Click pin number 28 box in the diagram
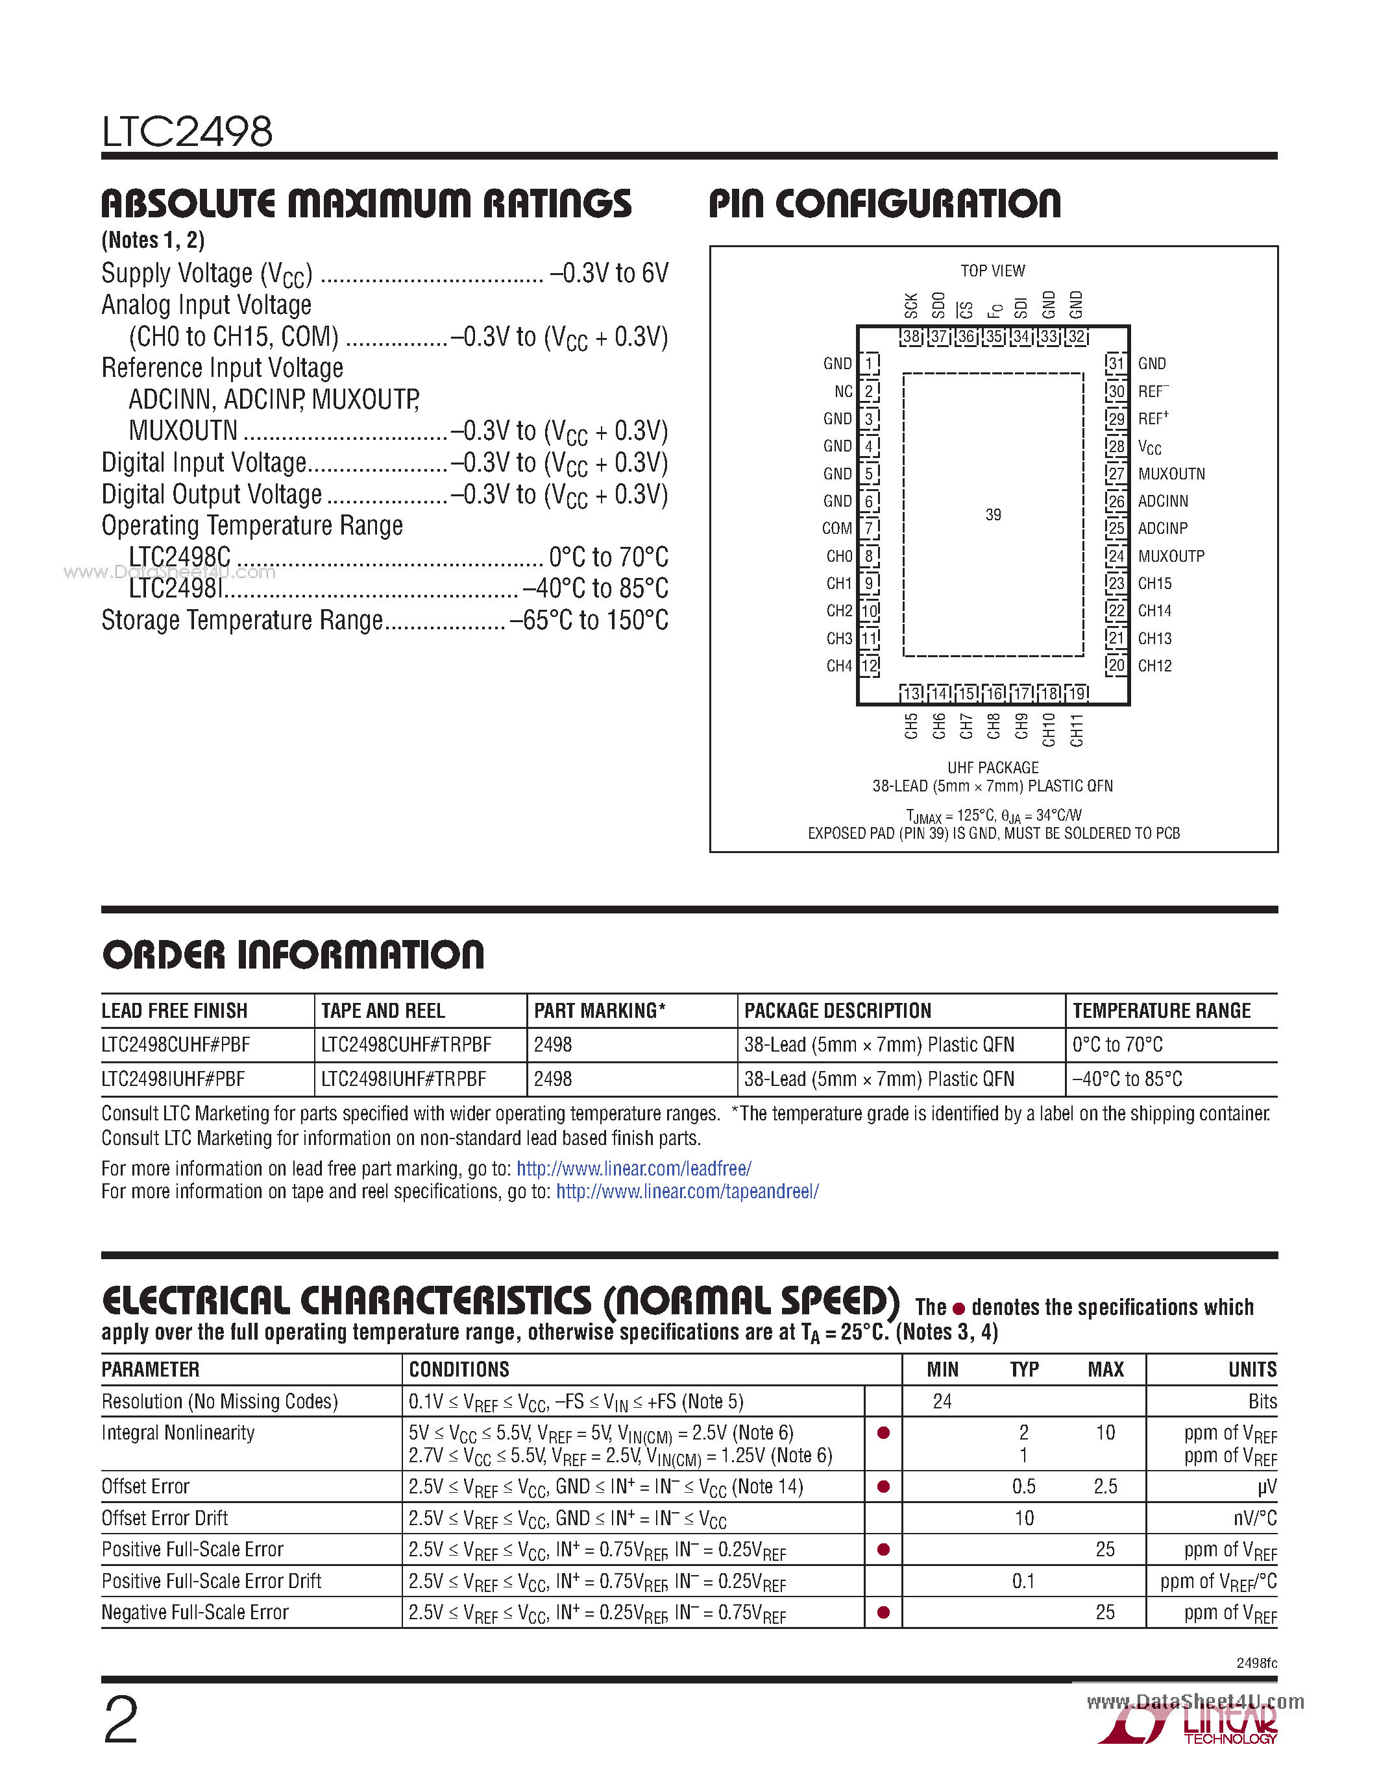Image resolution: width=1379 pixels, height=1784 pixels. (x=1116, y=447)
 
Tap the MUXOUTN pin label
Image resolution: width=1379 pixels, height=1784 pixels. (x=1171, y=474)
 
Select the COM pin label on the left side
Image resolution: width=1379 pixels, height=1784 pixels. (x=836, y=529)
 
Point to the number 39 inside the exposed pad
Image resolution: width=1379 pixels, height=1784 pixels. (x=993, y=514)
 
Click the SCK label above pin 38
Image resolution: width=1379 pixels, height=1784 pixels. (x=912, y=305)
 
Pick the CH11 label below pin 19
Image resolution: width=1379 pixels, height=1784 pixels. (x=1077, y=729)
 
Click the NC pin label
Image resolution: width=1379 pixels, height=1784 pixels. (x=843, y=391)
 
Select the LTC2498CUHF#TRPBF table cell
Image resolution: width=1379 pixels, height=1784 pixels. (x=406, y=1044)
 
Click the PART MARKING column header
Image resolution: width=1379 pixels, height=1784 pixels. (x=599, y=1011)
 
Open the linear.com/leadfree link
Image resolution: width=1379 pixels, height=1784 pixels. (x=633, y=1168)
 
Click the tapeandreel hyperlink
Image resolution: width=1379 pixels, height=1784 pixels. (x=687, y=1191)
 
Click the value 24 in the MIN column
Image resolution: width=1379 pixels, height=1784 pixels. (x=942, y=1402)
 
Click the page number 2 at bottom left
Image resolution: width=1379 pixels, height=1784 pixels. (x=121, y=1720)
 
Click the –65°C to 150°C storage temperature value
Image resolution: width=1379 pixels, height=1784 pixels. (x=588, y=621)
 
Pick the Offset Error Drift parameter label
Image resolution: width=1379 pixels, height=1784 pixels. (x=165, y=1519)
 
